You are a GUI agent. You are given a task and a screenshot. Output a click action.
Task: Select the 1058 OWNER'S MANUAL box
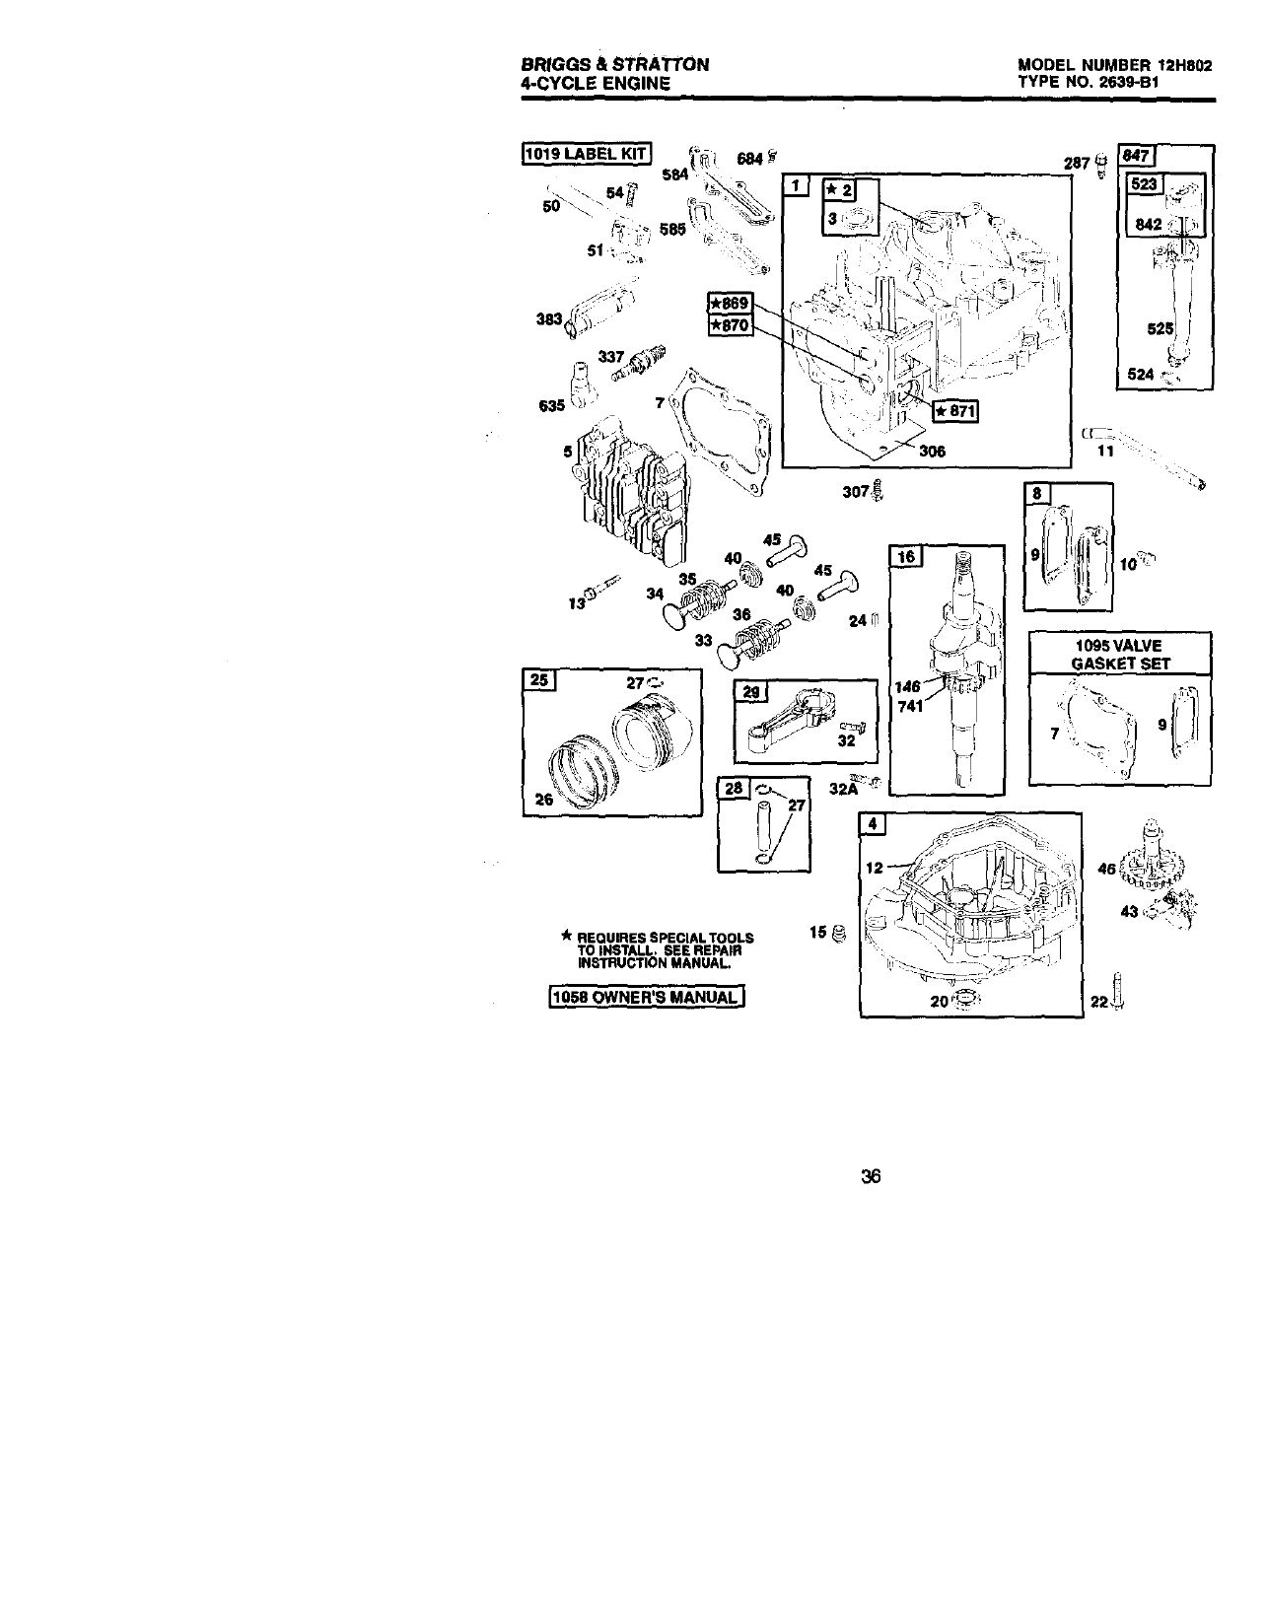(x=646, y=997)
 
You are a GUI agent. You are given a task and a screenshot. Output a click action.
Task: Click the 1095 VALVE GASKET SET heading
(x=1120, y=655)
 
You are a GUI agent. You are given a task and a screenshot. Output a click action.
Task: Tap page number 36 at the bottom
(x=870, y=1176)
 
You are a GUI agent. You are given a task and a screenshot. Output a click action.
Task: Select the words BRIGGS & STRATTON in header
(x=614, y=65)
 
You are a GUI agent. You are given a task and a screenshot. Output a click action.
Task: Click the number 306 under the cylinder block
(x=932, y=452)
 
